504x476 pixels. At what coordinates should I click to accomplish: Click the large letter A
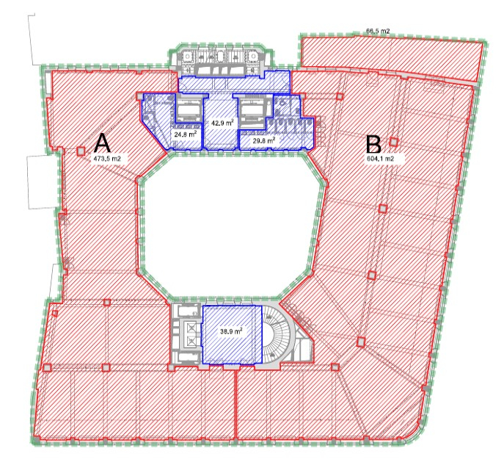pos(102,143)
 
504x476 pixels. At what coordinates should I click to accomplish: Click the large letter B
pos(373,145)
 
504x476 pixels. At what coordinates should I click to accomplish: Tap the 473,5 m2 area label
pos(107,159)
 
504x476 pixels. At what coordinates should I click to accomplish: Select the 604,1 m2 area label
pos(380,159)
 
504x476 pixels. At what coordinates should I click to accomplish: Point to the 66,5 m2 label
pos(378,31)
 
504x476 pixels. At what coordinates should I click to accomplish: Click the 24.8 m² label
pos(185,134)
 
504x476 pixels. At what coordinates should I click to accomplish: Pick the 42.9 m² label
pos(222,123)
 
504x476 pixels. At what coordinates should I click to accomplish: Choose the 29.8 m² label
pos(264,140)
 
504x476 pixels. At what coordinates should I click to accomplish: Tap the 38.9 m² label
pos(231,331)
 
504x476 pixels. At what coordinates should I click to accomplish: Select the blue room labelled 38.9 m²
pos(232,334)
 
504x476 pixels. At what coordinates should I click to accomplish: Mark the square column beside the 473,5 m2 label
pos(81,151)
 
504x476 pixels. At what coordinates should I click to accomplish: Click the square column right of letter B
pos(394,142)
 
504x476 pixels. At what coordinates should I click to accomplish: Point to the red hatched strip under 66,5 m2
pos(392,57)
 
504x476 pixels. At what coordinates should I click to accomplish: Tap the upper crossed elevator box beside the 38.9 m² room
pos(191,328)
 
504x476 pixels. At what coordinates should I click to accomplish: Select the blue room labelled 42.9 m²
pos(221,122)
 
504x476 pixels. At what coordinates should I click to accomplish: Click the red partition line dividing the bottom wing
pos(236,405)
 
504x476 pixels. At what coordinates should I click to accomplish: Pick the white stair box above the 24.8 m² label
pos(189,111)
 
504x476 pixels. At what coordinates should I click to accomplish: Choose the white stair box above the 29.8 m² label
pos(253,111)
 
